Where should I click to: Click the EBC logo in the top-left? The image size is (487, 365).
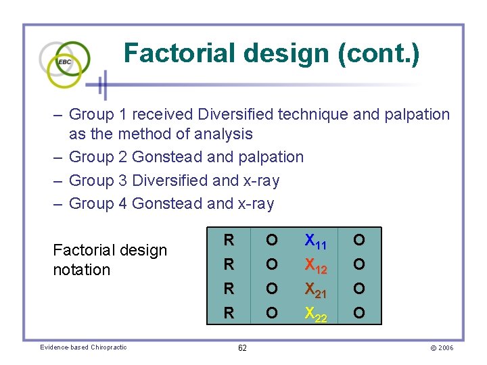(65, 62)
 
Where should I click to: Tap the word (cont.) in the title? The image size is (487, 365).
(384, 53)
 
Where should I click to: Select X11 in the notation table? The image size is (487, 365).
(316, 241)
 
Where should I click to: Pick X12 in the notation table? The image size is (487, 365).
(316, 265)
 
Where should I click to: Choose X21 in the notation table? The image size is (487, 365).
(316, 289)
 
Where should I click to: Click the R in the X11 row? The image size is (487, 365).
(229, 240)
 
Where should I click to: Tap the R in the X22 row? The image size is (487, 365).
(229, 313)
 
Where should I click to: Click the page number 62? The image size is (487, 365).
(242, 348)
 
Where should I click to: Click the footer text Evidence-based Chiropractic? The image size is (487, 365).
(83, 347)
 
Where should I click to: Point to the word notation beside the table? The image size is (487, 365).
(81, 270)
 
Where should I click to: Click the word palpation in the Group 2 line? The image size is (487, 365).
(271, 157)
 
